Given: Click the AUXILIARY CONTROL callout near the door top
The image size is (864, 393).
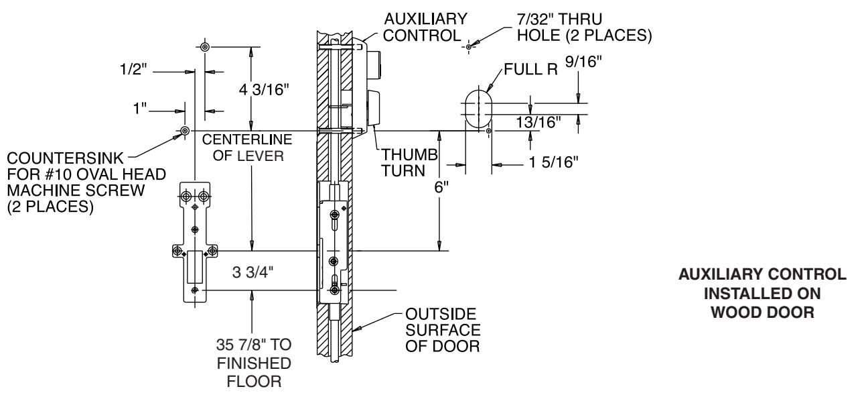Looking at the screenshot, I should (x=423, y=27).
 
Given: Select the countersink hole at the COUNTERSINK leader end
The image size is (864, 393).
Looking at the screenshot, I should (x=184, y=131).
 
